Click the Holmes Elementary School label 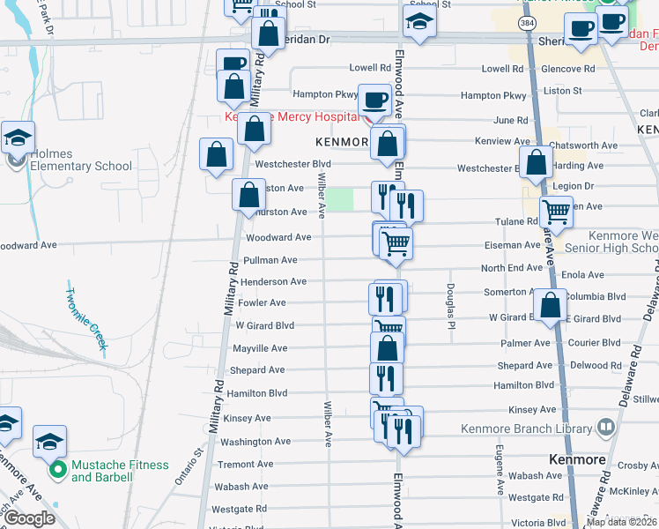tap(81, 160)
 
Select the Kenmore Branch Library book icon tap(605, 428)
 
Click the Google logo tap(30, 518)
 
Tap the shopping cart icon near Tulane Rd tap(557, 212)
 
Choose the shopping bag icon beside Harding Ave tap(535, 162)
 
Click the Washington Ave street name tap(255, 442)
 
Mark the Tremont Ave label tap(246, 464)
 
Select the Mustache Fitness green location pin tap(58, 470)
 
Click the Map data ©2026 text tap(621, 522)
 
